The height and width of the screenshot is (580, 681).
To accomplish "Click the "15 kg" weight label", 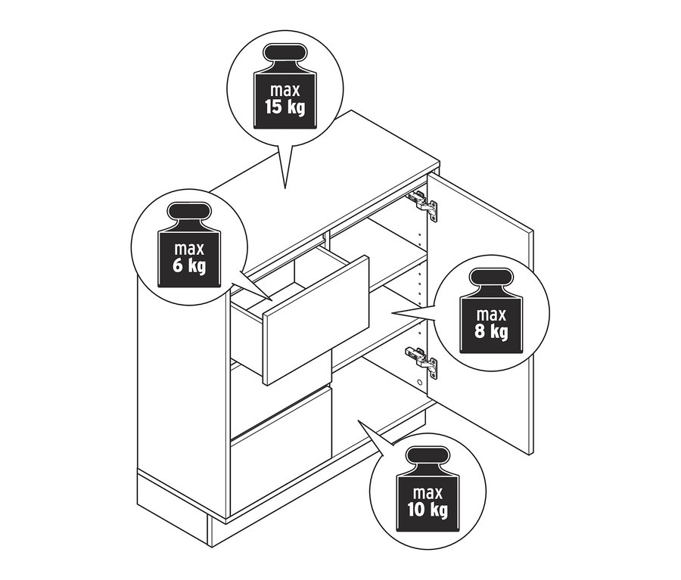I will [x=285, y=107].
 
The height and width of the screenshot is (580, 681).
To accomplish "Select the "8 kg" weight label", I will [x=491, y=331].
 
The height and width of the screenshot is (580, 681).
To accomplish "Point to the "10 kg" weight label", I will [x=428, y=509].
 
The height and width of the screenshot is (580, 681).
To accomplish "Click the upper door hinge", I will [x=421, y=202].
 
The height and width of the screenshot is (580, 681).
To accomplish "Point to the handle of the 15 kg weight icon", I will [x=285, y=56].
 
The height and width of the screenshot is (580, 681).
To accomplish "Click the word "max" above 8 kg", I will [x=491, y=313].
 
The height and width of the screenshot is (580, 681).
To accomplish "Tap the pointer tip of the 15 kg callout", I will [x=285, y=188].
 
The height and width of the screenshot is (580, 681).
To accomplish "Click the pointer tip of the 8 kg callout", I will [x=392, y=312].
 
